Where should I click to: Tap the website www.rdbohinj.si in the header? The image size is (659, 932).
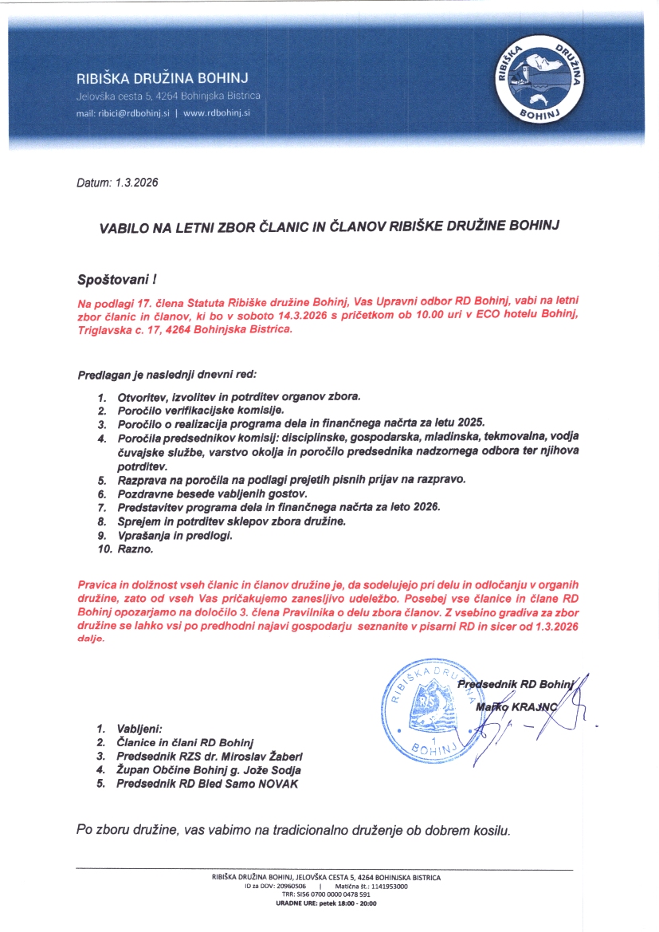coord(217,113)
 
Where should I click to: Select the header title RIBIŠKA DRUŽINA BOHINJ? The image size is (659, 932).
coord(163,78)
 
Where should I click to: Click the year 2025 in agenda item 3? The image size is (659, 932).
coord(470,423)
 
